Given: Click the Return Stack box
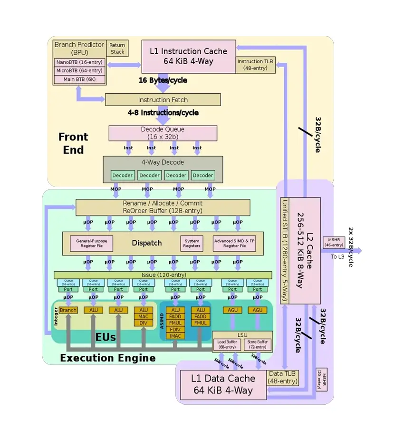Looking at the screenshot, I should pyautogui.click(x=117, y=49).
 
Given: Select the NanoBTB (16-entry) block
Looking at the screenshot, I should pyautogui.click(x=79, y=62).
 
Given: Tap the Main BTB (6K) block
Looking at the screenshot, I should pyautogui.click(x=79, y=79).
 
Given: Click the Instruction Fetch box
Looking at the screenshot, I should pyautogui.click(x=163, y=100).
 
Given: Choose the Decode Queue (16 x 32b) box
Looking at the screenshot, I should pyautogui.click(x=163, y=133).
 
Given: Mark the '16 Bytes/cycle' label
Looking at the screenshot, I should pyautogui.click(x=163, y=80).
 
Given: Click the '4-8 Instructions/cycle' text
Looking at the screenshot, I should pyautogui.click(x=163, y=113).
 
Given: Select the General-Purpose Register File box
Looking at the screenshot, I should pyautogui.click(x=92, y=244).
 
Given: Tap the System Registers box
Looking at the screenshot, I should pyautogui.click(x=192, y=244).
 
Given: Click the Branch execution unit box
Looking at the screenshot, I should pyautogui.click(x=68, y=310).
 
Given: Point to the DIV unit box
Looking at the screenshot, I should pyautogui.click(x=144, y=323).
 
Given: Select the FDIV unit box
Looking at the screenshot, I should pyautogui.click(x=175, y=330).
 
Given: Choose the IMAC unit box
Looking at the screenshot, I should pyautogui.click(x=175, y=336).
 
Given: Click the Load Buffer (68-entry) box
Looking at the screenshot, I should pyautogui.click(x=227, y=344).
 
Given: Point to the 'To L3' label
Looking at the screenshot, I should pyautogui.click(x=337, y=257).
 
